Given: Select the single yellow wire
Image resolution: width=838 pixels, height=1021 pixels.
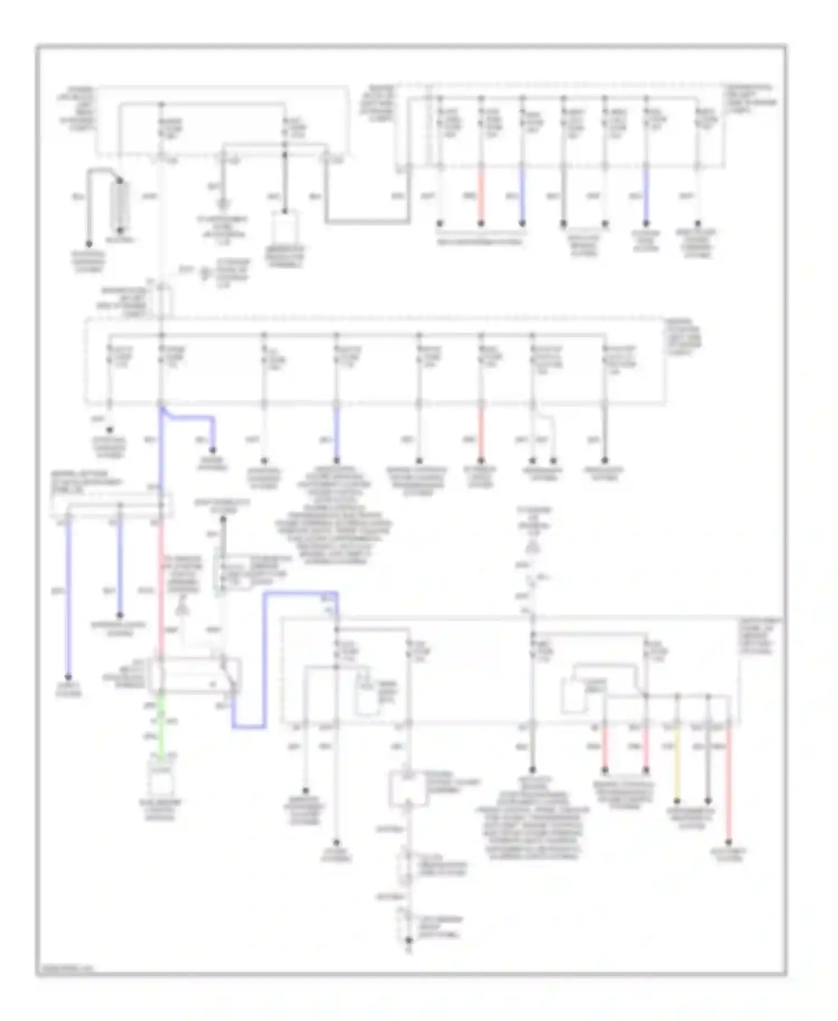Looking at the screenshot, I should [x=677, y=765].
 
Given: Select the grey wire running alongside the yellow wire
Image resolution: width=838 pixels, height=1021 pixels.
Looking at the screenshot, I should [x=708, y=765].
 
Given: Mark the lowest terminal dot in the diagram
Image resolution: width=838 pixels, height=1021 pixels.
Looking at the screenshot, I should [x=409, y=941].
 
